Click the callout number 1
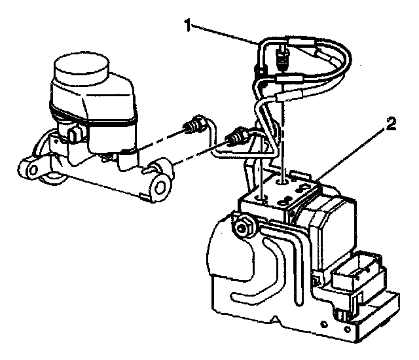point(189,26)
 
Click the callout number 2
point(391,124)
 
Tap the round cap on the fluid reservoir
point(81,67)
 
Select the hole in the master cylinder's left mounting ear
point(33,170)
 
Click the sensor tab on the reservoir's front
point(73,134)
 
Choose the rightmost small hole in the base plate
point(347,329)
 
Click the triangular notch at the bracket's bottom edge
point(276,319)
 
